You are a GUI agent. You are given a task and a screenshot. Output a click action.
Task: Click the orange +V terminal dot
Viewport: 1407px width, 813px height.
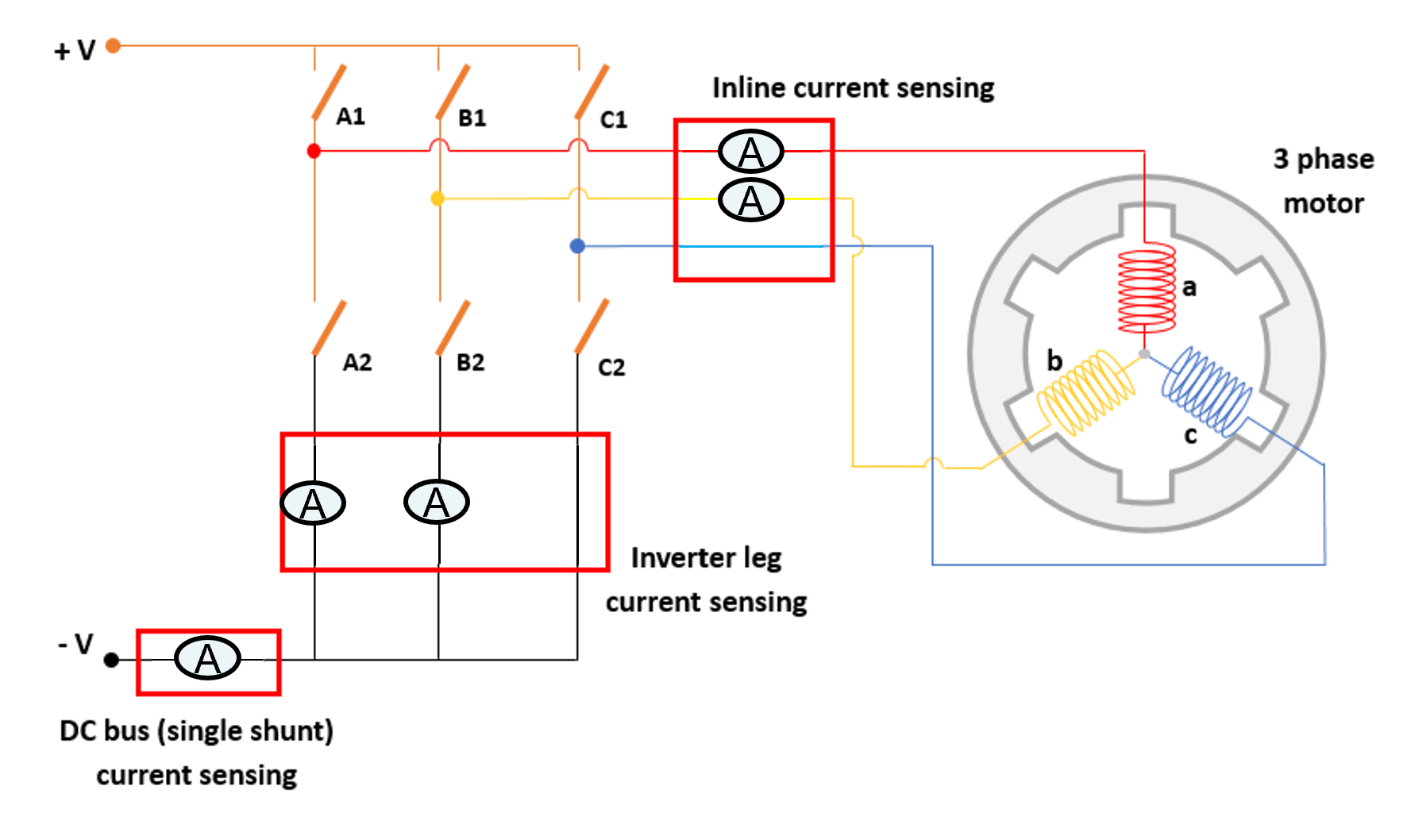tap(114, 46)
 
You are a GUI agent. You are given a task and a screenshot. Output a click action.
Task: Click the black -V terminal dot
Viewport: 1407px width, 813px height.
tap(112, 660)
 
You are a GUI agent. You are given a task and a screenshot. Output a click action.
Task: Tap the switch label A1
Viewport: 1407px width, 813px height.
tap(350, 117)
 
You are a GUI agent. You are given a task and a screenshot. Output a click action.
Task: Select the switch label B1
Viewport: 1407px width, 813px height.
tap(472, 118)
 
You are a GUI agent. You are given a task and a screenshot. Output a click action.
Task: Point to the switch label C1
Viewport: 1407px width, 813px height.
tap(613, 120)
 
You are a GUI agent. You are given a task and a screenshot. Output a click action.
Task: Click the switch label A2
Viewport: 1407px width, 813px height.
tap(357, 363)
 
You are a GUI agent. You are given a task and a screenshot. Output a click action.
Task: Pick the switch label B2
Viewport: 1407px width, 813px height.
tap(470, 363)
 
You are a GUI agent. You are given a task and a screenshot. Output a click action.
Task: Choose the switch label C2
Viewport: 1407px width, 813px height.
tap(611, 368)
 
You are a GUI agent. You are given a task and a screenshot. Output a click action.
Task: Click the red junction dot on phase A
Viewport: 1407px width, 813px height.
tap(314, 151)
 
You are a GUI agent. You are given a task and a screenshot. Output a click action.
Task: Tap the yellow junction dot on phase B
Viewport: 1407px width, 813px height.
tap(438, 198)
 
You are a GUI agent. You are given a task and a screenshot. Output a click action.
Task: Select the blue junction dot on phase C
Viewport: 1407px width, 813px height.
tap(577, 246)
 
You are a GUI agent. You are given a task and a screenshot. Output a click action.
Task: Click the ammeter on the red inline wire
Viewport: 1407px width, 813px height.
tap(750, 152)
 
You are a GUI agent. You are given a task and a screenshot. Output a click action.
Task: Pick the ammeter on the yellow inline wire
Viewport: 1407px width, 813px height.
tap(750, 200)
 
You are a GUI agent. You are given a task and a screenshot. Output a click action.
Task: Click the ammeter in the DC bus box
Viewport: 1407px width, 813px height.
tap(207, 658)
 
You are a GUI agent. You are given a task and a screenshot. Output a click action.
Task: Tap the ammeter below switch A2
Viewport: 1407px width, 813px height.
tap(313, 503)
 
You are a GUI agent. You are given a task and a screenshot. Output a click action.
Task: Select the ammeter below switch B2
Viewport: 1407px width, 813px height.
tap(437, 502)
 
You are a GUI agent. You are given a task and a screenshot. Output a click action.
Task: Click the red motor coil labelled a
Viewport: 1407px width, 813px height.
tap(1146, 288)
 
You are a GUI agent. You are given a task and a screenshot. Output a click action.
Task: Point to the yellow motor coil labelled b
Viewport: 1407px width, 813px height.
tap(1086, 392)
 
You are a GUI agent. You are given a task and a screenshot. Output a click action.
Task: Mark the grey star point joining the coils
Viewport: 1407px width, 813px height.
tap(1144, 354)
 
